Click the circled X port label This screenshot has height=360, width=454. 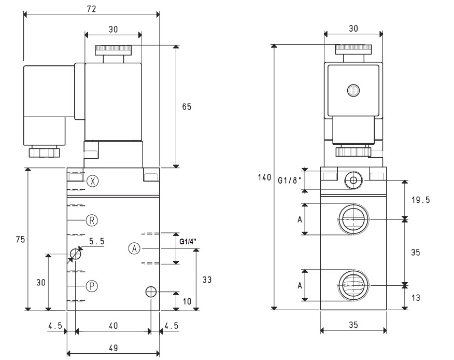coord(93,181)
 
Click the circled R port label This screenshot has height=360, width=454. coord(92,220)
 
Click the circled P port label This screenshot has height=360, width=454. coord(92,286)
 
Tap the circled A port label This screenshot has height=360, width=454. coord(134,248)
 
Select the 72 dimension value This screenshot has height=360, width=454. coord(92,9)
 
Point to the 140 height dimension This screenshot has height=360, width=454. coord(264,177)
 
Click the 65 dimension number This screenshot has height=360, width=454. coord(187,107)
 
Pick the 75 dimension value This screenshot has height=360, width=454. coord(21,240)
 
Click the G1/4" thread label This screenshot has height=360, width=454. coord(188,241)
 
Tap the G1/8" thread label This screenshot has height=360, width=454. coord(290,181)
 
